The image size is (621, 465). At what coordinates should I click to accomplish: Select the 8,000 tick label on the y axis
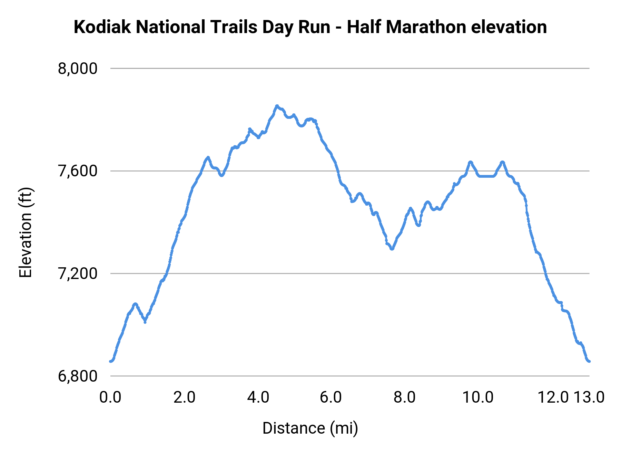click(x=78, y=69)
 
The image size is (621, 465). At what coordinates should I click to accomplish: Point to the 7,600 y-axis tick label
click(x=78, y=171)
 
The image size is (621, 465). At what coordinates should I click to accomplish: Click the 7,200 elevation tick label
click(x=78, y=273)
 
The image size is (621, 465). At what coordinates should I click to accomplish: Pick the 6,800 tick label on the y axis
click(x=78, y=376)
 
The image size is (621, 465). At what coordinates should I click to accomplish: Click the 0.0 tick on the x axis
click(x=110, y=397)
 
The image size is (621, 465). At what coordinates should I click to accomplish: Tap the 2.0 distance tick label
click(x=184, y=397)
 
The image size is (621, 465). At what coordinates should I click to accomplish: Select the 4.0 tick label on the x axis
click(x=258, y=397)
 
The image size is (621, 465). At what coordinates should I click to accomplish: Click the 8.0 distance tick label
click(x=404, y=397)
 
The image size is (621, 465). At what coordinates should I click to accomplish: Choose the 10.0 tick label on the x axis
click(x=478, y=397)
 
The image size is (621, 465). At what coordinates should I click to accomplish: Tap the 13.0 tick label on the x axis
click(x=589, y=397)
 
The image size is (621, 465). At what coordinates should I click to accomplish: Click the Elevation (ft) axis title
click(x=26, y=232)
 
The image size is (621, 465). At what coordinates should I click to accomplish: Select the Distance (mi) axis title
click(x=310, y=428)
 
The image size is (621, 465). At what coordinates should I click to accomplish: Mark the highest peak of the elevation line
click(x=277, y=106)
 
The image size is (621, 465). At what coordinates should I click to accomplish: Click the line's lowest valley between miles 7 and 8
click(x=392, y=249)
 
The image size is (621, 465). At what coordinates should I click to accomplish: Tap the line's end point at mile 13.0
click(x=589, y=361)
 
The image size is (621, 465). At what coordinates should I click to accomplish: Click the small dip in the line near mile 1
click(x=145, y=322)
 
